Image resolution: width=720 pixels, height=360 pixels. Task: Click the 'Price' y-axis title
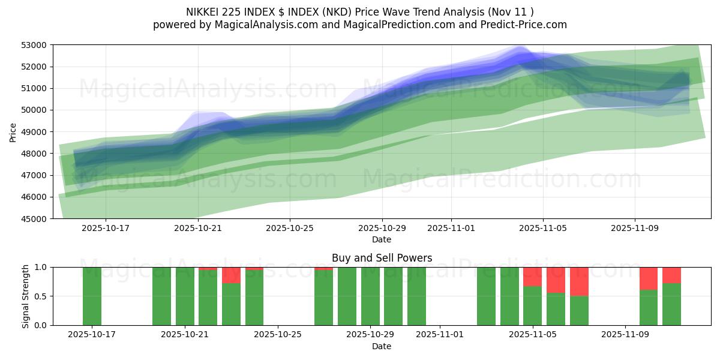click(13, 132)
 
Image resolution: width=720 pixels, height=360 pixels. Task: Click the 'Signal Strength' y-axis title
click(25, 296)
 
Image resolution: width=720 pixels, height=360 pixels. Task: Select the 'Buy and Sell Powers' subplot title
click(382, 258)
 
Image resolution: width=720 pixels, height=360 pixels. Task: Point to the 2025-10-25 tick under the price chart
click(290, 229)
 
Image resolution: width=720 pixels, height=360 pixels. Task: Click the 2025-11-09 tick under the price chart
click(635, 229)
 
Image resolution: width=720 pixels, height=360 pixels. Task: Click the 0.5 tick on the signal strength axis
click(40, 296)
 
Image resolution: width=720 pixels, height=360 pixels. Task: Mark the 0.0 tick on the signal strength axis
click(40, 325)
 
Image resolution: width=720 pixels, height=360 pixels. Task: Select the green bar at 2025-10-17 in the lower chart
click(92, 296)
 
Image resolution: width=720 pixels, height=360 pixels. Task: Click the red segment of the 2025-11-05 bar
click(532, 277)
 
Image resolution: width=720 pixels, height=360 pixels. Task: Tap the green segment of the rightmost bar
click(671, 304)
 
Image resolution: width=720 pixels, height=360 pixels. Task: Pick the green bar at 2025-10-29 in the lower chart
click(370, 296)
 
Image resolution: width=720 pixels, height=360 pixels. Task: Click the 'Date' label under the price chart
click(382, 239)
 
